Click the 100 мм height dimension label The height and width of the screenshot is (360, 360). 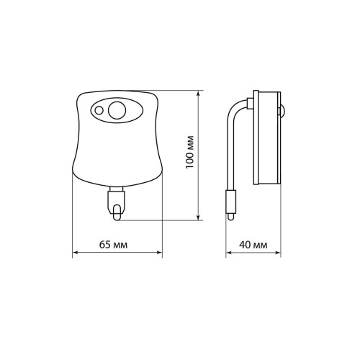pos(190,152)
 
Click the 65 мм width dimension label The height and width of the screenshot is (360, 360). pos(113,245)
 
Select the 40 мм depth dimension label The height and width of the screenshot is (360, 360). pos(253,245)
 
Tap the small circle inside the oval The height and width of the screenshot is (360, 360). pos(99,110)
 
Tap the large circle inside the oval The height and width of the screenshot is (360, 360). pos(117,110)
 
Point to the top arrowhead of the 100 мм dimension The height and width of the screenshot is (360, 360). pos(198,93)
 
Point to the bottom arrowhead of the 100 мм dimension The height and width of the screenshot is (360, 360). pos(198,217)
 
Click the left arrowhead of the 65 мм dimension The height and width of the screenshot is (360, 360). pos(76,252)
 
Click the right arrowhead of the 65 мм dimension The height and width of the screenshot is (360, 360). pos(159,252)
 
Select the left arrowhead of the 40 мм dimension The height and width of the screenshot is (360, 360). pos(229,253)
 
